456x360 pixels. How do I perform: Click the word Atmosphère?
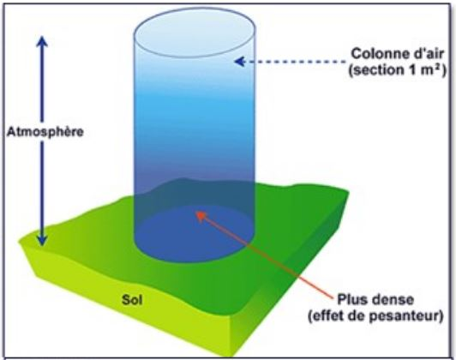(45, 132)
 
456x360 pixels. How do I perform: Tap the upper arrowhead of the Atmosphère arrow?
(42, 41)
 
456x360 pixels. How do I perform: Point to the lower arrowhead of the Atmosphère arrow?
(42, 240)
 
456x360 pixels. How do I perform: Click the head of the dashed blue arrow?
(239, 62)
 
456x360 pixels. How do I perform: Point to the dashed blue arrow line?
(291, 62)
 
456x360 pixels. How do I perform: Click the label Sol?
(132, 299)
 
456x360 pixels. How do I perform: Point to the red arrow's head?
(201, 215)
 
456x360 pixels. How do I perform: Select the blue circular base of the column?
(195, 234)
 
